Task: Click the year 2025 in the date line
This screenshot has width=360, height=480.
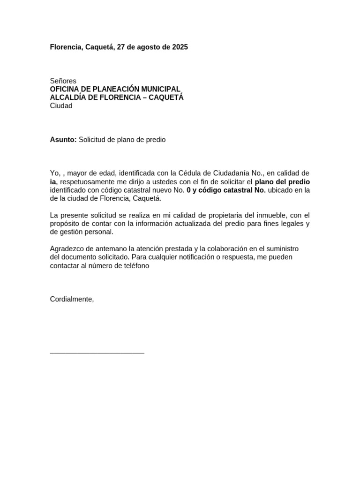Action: coord(180,47)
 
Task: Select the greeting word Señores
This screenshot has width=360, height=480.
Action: coord(63,81)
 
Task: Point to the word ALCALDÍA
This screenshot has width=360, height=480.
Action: coord(67,97)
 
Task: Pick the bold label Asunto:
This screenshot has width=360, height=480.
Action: coord(63,140)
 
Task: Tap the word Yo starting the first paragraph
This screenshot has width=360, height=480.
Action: coord(54,173)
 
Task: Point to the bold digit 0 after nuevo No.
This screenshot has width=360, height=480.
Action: coord(188,190)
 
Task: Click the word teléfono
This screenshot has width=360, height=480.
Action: coord(135,266)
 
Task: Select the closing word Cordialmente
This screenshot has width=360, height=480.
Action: coord(72,299)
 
